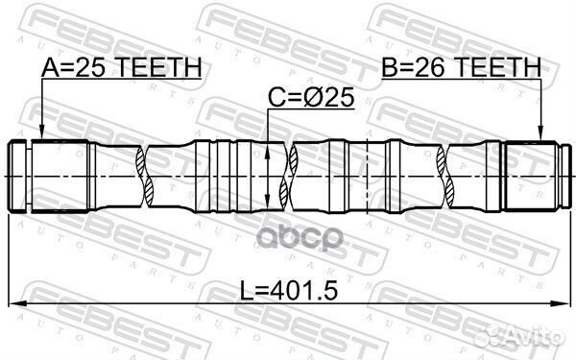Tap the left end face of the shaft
pos(9,176)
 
